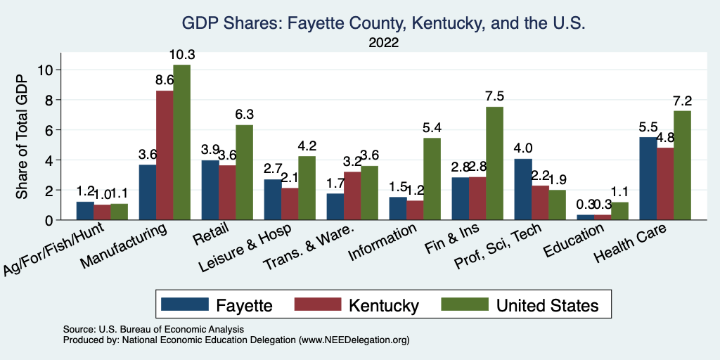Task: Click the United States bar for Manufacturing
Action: click(181, 142)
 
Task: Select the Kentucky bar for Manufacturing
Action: click(165, 155)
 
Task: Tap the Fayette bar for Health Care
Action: click(648, 179)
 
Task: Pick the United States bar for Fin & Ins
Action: click(494, 163)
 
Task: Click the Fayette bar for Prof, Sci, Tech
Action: click(522, 189)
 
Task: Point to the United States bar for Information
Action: click(432, 179)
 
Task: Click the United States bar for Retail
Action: click(244, 172)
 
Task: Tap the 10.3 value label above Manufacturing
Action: click(181, 55)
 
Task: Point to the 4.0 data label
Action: click(522, 148)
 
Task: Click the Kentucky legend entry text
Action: click(384, 304)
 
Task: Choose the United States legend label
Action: click(548, 304)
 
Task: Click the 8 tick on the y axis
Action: click(47, 100)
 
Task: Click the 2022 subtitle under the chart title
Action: click(383, 43)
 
